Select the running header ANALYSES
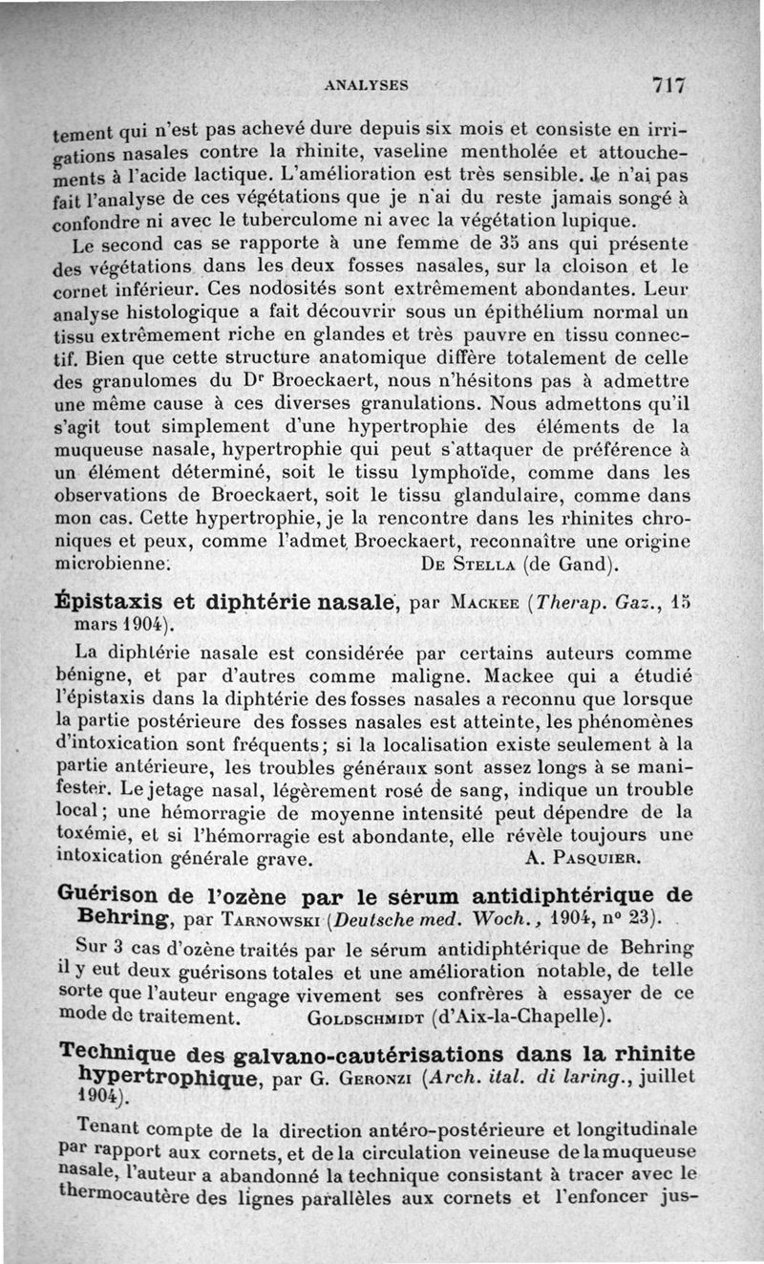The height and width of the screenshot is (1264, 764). click(367, 84)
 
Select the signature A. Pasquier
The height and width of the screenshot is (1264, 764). click(583, 857)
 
